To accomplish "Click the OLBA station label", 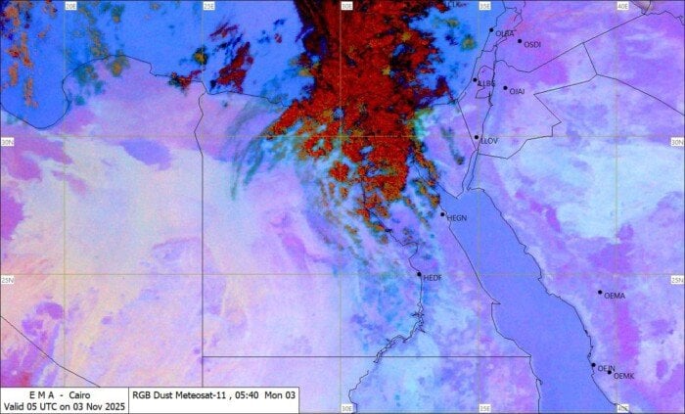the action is (505, 34).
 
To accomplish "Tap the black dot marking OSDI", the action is (520, 41).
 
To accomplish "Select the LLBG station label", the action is (486, 84).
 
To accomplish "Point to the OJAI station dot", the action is (506, 88).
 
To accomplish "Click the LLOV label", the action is (489, 141).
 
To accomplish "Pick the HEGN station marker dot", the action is (442, 214).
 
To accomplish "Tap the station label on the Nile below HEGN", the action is (433, 278).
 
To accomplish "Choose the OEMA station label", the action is (615, 296).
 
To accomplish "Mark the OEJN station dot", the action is (593, 366).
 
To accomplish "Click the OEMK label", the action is (624, 377).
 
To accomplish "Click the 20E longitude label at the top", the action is (70, 6).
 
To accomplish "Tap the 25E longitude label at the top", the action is (208, 6).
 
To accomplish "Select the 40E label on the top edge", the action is (622, 6).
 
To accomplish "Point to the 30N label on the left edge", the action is (8, 142).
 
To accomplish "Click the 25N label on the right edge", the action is (676, 280).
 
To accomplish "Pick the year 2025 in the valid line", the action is (113, 405).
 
